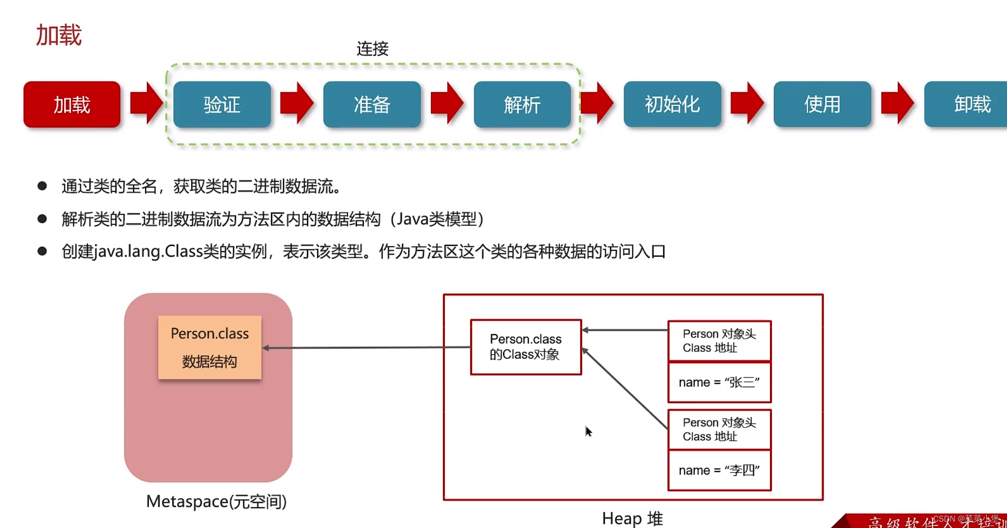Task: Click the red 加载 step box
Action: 72,105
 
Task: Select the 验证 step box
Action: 222,105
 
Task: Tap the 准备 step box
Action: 372,105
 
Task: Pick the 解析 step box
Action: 522,105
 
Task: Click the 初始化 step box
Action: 672,104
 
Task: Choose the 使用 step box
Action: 822,104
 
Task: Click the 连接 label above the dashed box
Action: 372,49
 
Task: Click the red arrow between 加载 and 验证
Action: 146,103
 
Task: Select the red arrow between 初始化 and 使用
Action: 747,103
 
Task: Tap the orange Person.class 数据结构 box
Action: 209,348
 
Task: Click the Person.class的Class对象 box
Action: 526,347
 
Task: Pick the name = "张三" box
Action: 719,382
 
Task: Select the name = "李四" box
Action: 719,471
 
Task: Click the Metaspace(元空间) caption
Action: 216,501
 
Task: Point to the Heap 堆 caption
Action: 632,519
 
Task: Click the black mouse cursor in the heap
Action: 588,431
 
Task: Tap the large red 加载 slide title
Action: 59,36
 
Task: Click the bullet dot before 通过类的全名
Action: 42,186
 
